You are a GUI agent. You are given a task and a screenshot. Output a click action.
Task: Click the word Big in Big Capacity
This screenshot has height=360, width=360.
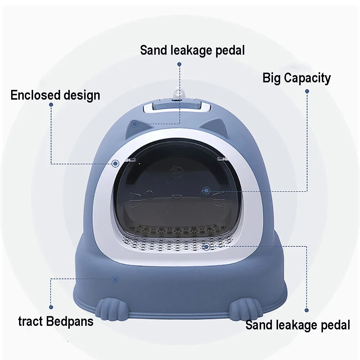pyautogui.click(x=272, y=78)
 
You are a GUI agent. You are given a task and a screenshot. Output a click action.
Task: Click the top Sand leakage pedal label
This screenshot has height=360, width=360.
pyautogui.click(x=192, y=50)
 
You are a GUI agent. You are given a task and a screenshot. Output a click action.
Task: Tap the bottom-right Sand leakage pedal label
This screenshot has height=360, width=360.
pyautogui.click(x=298, y=325)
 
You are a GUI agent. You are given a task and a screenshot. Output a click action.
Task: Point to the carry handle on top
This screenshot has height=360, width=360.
pyautogui.click(x=176, y=106)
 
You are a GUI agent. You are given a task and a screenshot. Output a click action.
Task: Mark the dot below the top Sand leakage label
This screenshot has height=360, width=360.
pyautogui.click(x=179, y=64)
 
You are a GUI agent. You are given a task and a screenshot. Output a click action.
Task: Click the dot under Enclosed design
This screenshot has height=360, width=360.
pyautogui.click(x=51, y=105)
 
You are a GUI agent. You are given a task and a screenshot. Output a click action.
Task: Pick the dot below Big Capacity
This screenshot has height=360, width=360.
pyautogui.click(x=307, y=91)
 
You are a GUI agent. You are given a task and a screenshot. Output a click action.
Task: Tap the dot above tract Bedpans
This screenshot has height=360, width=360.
pyautogui.click(x=51, y=307)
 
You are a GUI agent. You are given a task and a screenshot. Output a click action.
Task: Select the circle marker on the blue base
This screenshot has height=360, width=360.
pyautogui.click(x=115, y=279)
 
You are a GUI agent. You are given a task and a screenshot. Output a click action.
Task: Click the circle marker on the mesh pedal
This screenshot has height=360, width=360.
pyautogui.click(x=206, y=246)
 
